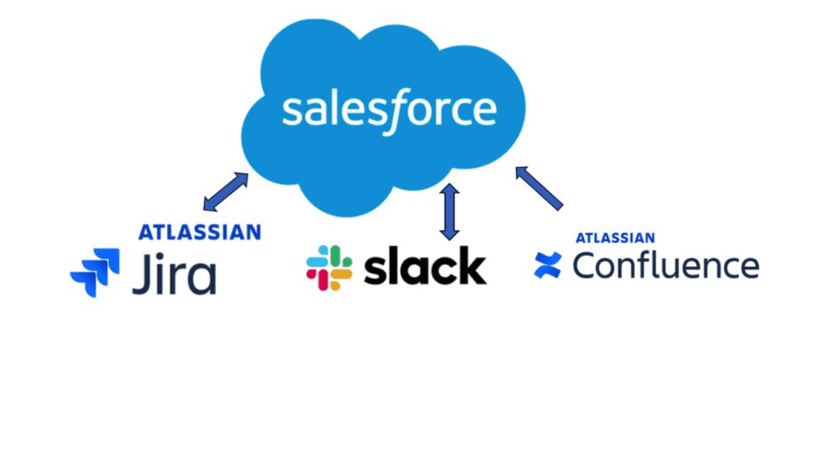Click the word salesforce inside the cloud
389,110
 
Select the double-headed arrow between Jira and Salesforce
226,192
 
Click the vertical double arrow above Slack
450,211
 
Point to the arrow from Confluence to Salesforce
538,188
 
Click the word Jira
174,274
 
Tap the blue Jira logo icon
95,273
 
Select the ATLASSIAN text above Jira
200,232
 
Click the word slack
425,266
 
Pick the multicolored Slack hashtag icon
329,268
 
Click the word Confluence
666,265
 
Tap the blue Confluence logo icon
548,264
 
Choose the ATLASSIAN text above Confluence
615,238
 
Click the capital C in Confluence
585,265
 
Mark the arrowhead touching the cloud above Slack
450,190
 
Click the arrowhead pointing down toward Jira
209,205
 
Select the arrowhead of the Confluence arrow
522,173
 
